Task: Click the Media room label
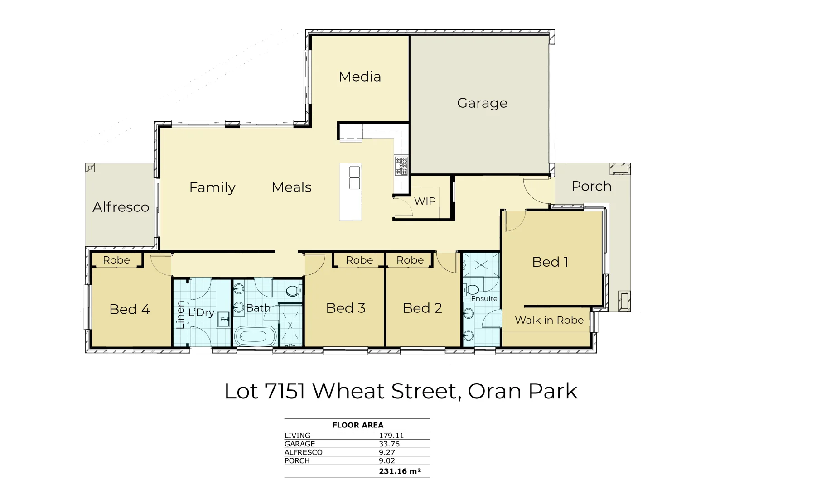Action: click(360, 77)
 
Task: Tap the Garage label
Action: click(482, 103)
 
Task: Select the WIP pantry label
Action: click(425, 201)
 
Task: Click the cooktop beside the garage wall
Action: click(401, 166)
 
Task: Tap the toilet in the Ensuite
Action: click(472, 290)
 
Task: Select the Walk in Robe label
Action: click(549, 320)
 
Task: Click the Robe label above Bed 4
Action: click(116, 260)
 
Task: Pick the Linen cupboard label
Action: click(180, 314)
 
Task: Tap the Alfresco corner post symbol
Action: click(90, 168)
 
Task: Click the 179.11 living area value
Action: click(391, 436)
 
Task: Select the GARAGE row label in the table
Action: click(299, 444)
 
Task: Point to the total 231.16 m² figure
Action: click(400, 471)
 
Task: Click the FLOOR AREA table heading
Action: click(357, 425)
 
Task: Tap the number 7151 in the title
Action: click(285, 391)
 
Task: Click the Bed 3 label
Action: click(345, 308)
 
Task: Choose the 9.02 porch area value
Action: click(387, 460)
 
